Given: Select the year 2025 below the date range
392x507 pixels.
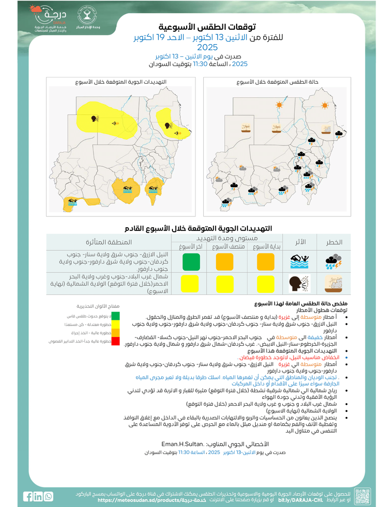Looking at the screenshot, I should (x=207, y=48).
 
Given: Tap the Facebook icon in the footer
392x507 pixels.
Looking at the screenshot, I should (x=27, y=496).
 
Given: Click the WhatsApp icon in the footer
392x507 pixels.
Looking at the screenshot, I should (x=49, y=496).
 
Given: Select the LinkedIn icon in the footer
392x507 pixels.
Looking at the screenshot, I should (x=38, y=496).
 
